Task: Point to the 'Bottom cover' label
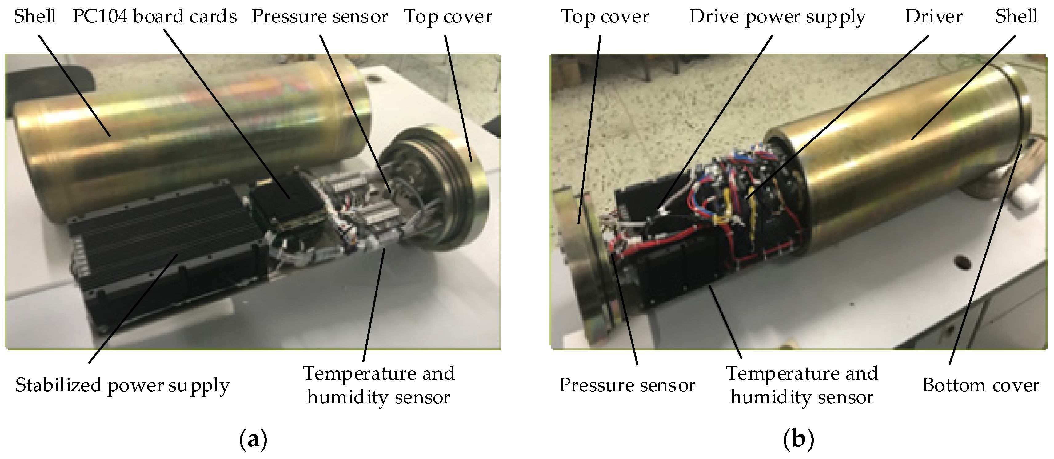click(x=980, y=386)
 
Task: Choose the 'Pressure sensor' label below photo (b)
click(x=627, y=386)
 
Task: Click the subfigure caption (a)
click(x=253, y=440)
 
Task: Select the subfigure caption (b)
click(x=798, y=440)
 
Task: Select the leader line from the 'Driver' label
click(x=839, y=115)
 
